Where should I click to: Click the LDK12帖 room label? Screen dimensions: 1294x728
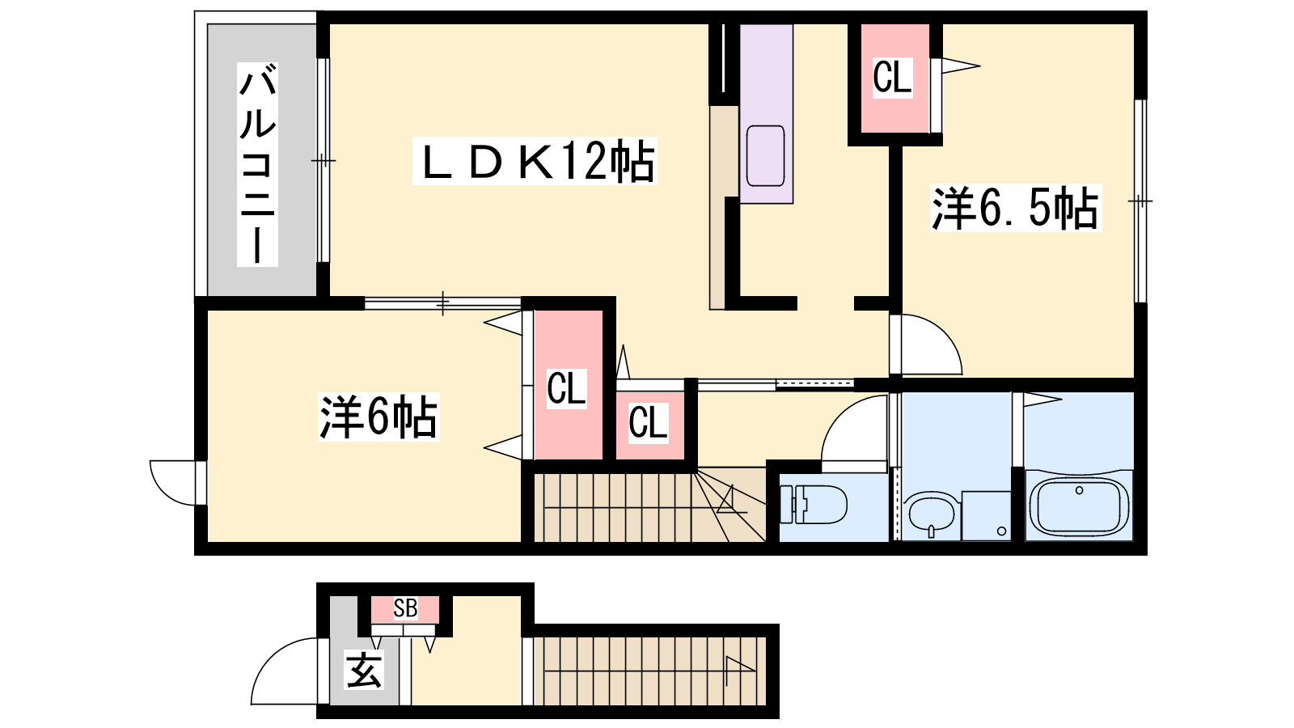535,161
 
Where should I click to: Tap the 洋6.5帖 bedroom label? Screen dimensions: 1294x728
1016,208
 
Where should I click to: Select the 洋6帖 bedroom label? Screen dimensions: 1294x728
378,417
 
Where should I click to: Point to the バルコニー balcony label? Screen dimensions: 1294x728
258,165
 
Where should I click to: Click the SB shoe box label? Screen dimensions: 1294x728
405,608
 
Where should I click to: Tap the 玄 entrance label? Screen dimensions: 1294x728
364,670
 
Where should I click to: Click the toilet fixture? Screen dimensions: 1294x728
814,505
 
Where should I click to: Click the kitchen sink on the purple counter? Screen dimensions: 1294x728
765,155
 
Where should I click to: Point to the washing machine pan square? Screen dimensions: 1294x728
986,516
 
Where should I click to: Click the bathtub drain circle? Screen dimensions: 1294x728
1079,491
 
